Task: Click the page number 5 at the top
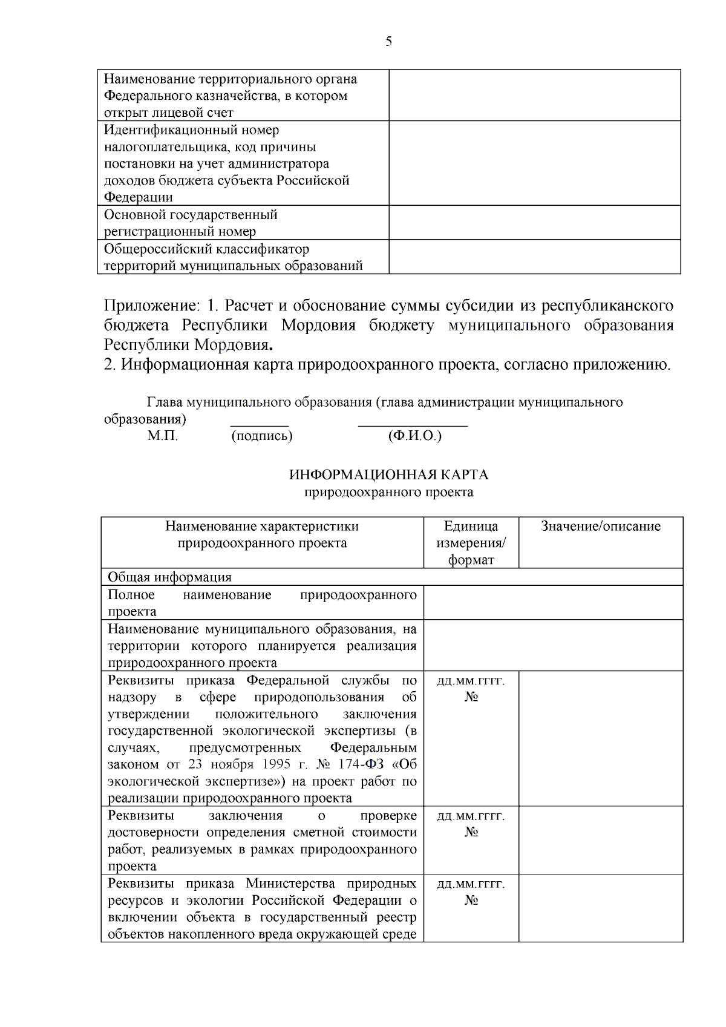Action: click(x=388, y=41)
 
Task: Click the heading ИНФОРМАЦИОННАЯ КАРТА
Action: click(x=388, y=474)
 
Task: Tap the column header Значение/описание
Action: click(x=600, y=527)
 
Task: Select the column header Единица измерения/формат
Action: click(x=471, y=543)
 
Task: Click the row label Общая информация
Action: click(x=169, y=577)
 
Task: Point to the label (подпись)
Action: click(x=261, y=436)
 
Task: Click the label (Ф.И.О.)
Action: click(x=414, y=436)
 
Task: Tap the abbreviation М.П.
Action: click(x=162, y=436)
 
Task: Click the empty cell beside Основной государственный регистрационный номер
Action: click(x=534, y=222)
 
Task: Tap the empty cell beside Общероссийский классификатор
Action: click(x=534, y=257)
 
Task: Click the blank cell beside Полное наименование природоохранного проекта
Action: click(x=552, y=602)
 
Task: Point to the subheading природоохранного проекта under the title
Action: click(x=388, y=492)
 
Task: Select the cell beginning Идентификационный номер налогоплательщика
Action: click(x=242, y=163)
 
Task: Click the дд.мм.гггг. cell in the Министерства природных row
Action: click(x=471, y=884)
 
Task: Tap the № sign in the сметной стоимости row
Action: click(x=471, y=832)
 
